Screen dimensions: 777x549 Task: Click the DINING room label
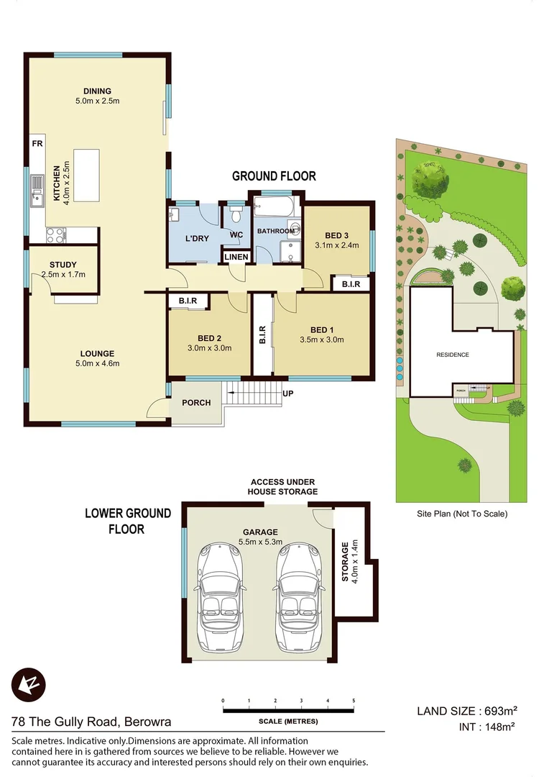tap(97, 91)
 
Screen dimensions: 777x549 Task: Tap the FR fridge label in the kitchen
tap(37, 144)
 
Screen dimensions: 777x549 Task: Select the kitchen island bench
tap(87, 175)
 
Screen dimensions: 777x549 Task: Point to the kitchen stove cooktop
tap(56, 235)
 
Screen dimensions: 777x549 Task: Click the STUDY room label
tap(63, 265)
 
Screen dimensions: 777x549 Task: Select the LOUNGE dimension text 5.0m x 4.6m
tap(97, 363)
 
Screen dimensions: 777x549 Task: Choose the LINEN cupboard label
tap(236, 257)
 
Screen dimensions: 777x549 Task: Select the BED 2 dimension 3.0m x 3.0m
tap(209, 347)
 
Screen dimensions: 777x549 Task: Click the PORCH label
tap(196, 402)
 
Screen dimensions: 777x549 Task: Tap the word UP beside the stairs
tap(287, 394)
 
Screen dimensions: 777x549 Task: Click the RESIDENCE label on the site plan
tap(453, 355)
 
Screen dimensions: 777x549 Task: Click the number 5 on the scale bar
tap(354, 700)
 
